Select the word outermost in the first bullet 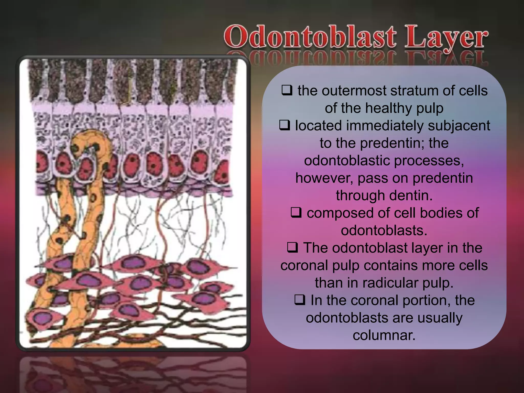click(x=354, y=91)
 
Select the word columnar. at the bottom click(x=384, y=335)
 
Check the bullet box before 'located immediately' click(x=285, y=125)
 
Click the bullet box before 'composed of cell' click(x=296, y=213)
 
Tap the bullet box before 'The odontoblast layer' click(x=292, y=247)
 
